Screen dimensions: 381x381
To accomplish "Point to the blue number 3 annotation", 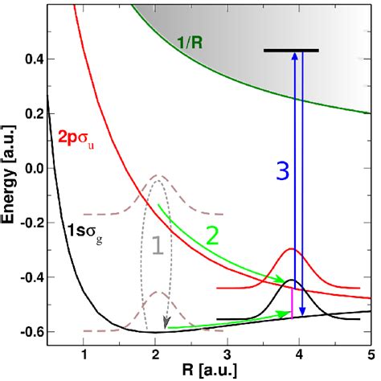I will tap(281, 171).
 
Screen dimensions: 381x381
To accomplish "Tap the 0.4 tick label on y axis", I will tap(32, 59).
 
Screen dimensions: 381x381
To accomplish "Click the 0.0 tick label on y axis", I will tap(32, 169).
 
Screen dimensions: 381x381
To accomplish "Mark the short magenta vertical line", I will tap(292, 303).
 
